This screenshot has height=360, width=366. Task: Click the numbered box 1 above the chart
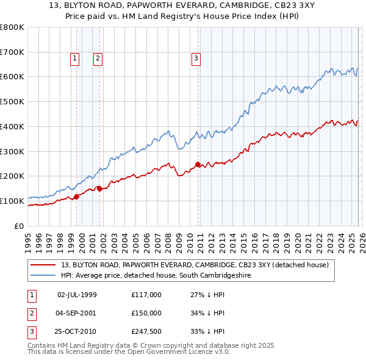(x=74, y=59)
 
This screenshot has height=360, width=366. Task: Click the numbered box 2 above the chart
(x=97, y=59)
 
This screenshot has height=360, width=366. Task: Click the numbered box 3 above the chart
(x=196, y=59)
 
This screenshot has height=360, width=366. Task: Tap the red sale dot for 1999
(x=77, y=196)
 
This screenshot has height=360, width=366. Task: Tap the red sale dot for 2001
(x=99, y=189)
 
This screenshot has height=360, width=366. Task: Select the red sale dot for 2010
(x=198, y=164)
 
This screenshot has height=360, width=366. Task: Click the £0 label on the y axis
(x=18, y=226)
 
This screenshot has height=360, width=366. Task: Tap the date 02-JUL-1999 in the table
(x=77, y=295)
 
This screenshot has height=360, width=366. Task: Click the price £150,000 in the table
(x=146, y=313)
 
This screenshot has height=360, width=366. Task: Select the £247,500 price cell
(x=146, y=331)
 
